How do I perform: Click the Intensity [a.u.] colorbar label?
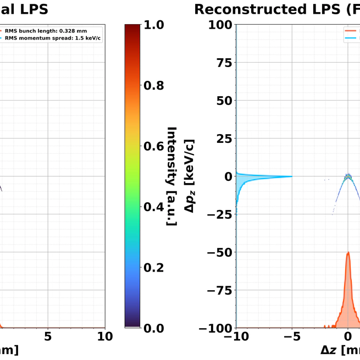point(171,176)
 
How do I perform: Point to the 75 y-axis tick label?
point(222,63)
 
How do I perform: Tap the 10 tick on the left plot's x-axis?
point(104,336)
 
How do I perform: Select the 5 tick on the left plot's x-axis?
point(48,336)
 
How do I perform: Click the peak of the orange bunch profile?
point(347,253)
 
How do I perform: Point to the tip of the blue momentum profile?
point(291,176)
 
